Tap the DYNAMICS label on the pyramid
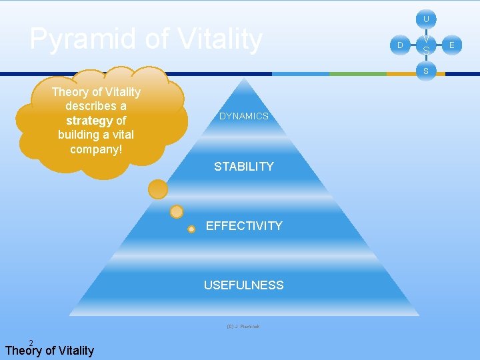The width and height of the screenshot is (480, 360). (x=244, y=116)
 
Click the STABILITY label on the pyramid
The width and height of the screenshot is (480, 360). (x=244, y=167)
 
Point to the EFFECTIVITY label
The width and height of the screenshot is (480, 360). (x=244, y=226)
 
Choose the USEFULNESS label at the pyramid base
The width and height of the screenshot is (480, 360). (x=244, y=285)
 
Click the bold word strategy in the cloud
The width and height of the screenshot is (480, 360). (x=89, y=121)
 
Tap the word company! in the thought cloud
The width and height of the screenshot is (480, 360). (x=96, y=149)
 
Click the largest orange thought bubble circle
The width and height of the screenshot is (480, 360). (x=158, y=190)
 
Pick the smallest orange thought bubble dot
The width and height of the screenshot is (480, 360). (x=191, y=229)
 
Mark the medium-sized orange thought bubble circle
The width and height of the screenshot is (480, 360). (x=177, y=212)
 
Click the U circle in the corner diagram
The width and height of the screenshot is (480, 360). (x=426, y=19)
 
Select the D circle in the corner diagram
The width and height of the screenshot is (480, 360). (x=400, y=45)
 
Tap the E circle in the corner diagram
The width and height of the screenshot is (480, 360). (x=452, y=45)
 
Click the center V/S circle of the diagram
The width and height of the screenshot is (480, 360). (x=426, y=45)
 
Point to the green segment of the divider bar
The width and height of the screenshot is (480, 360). (x=358, y=73)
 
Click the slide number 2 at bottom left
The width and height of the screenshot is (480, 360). (x=31, y=343)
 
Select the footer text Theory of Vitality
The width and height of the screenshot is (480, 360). (x=49, y=351)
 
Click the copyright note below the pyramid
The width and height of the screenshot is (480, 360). (x=243, y=327)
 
